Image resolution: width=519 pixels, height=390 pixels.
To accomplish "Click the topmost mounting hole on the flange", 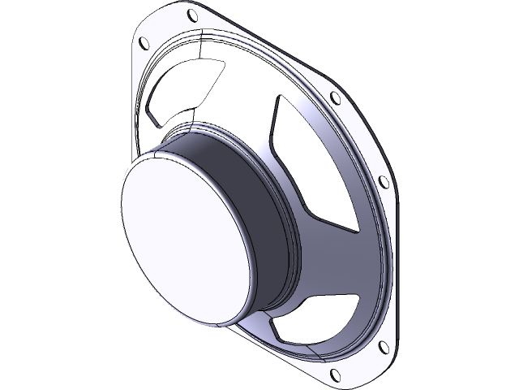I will [191, 15].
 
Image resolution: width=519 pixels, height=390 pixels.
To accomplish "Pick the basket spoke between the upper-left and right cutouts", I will [243, 97].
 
